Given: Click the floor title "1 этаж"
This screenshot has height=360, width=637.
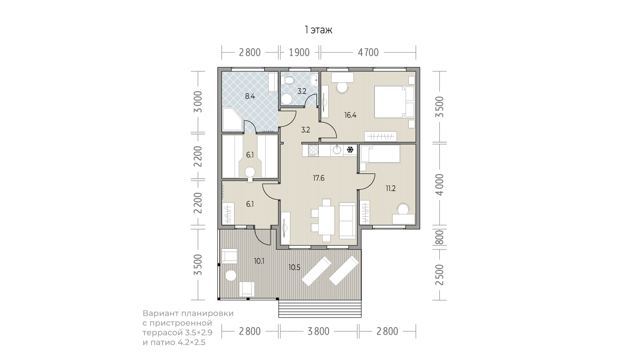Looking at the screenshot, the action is pos(318,30).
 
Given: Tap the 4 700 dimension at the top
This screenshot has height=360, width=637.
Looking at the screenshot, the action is pos(368,53).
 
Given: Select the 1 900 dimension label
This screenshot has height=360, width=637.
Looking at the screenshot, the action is pos(299,53).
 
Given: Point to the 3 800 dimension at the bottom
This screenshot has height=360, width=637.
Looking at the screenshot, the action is pos(319,331).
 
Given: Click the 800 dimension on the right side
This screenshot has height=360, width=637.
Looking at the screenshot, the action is pos(440,238).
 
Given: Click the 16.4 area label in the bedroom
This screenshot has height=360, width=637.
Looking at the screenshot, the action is pos(350,115).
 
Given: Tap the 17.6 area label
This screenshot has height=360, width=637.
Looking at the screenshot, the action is pos(319,178).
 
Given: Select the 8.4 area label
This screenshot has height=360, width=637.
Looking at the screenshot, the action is pos(250,96).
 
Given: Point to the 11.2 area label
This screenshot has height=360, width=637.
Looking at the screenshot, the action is pos(391,189).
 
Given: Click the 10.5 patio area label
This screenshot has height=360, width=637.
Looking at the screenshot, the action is pos(294,267).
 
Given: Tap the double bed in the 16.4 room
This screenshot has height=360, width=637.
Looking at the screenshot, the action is pos(394,102).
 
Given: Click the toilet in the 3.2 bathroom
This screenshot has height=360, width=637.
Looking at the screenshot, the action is pos(287,81).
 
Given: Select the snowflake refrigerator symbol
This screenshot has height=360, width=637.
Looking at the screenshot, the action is pos(350,149).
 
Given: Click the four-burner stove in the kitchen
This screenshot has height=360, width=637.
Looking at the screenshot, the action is pos(313,150).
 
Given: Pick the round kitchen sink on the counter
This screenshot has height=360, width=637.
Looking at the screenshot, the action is pos(337,149).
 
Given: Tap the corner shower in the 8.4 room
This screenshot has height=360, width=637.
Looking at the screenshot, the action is pos(232,119).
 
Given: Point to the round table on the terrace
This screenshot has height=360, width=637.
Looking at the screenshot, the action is pos(230,276).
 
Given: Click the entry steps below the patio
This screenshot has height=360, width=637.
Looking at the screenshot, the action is pos(320,309).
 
